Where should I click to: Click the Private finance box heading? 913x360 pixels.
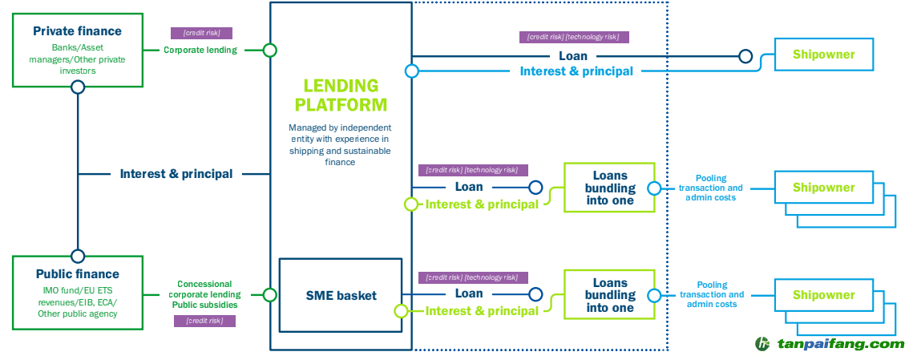click(78, 31)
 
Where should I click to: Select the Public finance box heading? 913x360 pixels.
click(78, 274)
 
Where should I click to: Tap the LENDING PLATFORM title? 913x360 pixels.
click(341, 95)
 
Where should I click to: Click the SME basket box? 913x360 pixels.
click(341, 295)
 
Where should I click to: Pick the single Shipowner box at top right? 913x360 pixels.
click(823, 55)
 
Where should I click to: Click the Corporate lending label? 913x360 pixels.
click(200, 50)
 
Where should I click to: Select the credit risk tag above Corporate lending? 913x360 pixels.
click(201, 34)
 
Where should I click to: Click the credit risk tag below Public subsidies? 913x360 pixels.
click(204, 321)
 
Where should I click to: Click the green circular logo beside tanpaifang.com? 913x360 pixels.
click(762, 343)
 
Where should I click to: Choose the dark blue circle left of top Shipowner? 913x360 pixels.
click(745, 56)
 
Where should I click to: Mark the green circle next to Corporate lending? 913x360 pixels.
click(270, 50)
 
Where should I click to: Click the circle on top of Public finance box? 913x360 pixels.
click(78, 257)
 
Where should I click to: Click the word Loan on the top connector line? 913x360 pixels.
click(573, 56)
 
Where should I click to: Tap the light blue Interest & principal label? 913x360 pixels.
click(576, 71)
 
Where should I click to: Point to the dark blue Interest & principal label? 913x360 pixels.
click(176, 173)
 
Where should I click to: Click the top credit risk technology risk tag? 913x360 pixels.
click(573, 37)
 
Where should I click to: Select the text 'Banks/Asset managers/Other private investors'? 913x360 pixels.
click(78, 59)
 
